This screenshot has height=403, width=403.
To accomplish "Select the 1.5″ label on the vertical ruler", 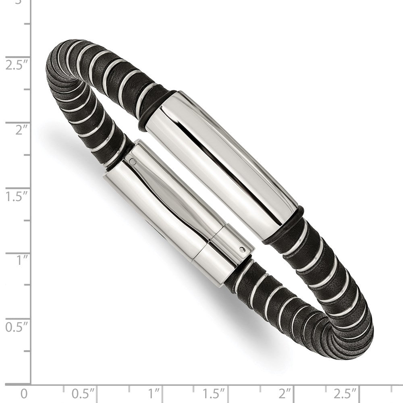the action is click(17, 197).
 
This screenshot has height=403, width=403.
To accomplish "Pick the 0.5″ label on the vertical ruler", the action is click(17, 327).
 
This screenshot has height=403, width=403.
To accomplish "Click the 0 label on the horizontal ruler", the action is click(24, 394).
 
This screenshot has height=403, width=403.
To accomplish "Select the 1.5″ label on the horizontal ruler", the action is click(214, 394).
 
